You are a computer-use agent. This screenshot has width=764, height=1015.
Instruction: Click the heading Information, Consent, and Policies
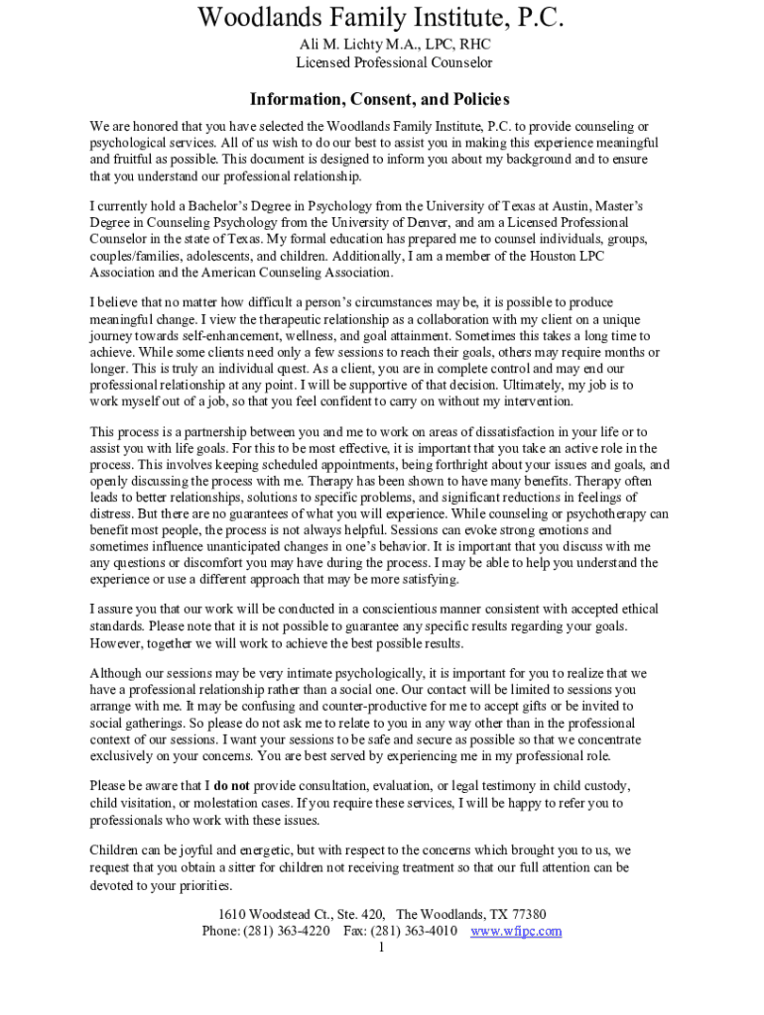(380, 100)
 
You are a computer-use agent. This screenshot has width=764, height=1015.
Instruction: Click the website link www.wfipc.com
(516, 931)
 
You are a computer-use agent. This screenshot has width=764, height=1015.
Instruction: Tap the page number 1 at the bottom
(381, 948)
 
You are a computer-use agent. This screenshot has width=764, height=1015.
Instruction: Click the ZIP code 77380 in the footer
(527, 914)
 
